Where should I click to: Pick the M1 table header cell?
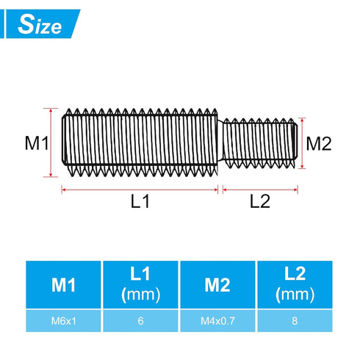[x=63, y=284]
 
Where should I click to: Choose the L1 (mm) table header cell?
[x=140, y=284]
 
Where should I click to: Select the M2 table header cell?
[x=218, y=284]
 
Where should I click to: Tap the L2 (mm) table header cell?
[x=295, y=284]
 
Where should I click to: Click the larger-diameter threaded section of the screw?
[x=140, y=142]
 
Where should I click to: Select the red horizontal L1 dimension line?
[x=140, y=190]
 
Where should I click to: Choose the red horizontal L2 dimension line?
[x=260, y=190]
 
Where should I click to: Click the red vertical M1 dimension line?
[x=51, y=142]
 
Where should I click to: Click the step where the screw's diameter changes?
[x=221, y=142]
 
